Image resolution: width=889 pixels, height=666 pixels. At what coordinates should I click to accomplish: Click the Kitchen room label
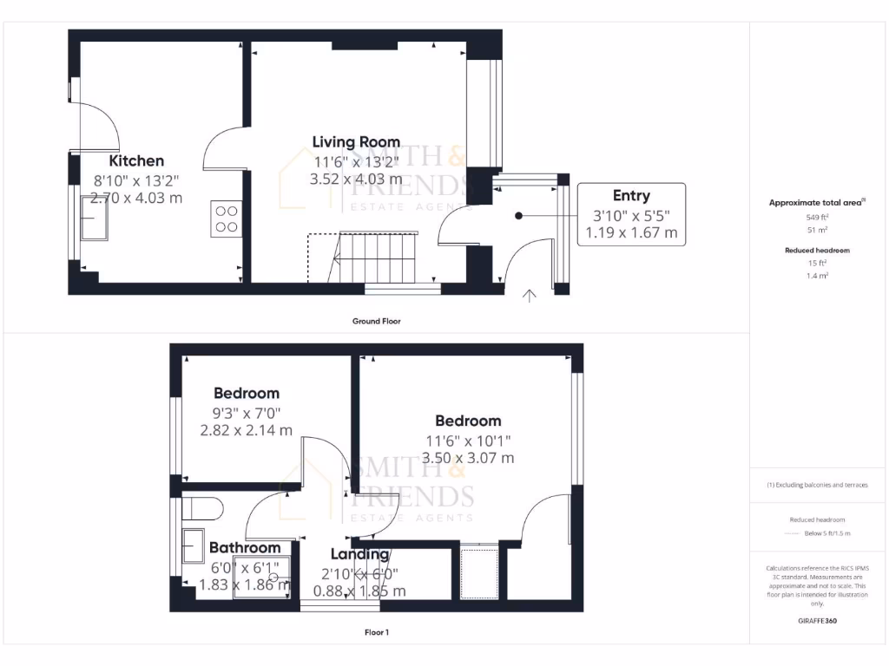136,161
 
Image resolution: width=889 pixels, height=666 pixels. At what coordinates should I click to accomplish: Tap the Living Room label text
356,142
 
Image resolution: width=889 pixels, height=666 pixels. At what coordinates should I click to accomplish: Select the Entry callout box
631,214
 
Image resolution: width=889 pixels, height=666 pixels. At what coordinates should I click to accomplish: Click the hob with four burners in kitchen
226,219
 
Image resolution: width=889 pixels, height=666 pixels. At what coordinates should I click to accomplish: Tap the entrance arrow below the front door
530,297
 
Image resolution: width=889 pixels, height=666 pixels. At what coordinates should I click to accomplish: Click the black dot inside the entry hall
518,216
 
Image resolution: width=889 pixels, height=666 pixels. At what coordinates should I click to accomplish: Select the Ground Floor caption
376,321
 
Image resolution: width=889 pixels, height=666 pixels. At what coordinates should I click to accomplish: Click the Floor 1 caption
376,632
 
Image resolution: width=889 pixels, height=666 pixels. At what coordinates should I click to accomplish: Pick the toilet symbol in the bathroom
204,506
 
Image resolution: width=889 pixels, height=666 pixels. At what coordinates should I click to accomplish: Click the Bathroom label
245,548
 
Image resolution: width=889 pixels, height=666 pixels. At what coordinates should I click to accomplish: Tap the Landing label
359,554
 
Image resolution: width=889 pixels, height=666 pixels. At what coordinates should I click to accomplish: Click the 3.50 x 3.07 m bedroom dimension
468,458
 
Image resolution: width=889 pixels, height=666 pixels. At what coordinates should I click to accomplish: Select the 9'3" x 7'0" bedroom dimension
247,412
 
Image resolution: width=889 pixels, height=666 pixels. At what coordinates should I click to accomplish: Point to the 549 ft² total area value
817,218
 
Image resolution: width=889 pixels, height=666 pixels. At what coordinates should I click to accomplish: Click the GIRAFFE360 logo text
817,621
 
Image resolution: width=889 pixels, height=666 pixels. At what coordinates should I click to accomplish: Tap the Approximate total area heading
816,203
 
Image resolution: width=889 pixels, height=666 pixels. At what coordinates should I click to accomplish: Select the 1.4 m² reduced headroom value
817,275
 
